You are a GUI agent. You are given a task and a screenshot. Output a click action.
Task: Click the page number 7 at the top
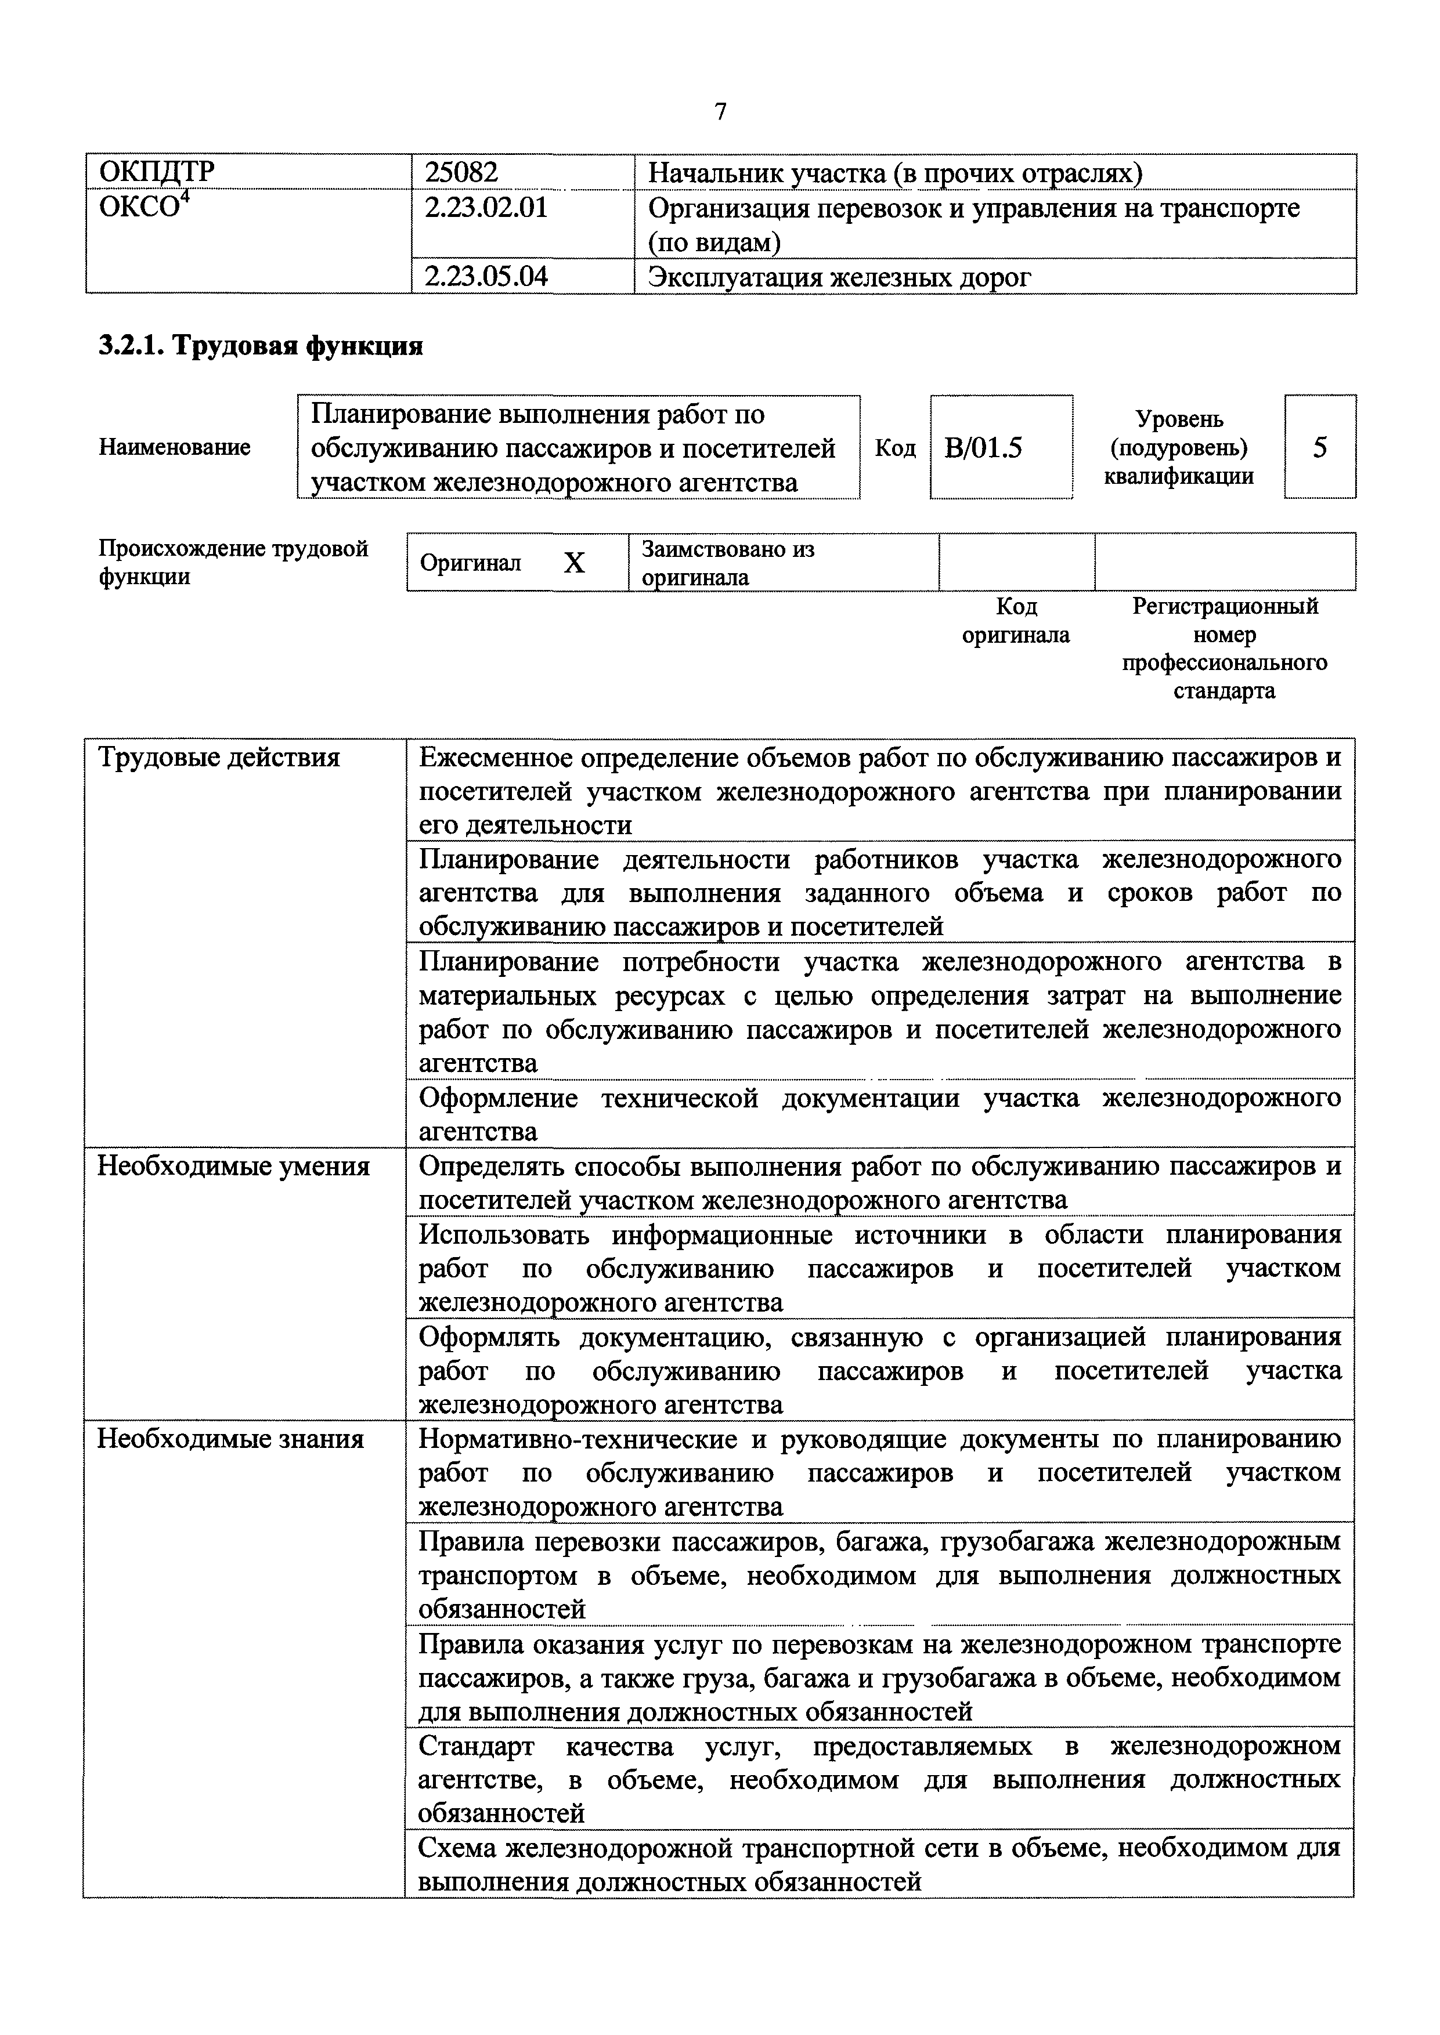coord(720,112)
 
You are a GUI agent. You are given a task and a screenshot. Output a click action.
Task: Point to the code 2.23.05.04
coord(486,277)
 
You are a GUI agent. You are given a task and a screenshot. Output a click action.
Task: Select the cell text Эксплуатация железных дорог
coord(840,277)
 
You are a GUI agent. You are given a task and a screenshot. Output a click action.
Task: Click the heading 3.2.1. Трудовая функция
coord(261,346)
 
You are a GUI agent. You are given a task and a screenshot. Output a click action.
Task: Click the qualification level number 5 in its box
coord(1319,448)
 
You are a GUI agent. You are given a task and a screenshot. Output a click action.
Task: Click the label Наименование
coord(175,448)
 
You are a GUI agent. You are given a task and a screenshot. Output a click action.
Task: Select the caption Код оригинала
coord(1016,621)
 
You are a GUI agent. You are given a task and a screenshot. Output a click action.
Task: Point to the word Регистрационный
coord(1225,606)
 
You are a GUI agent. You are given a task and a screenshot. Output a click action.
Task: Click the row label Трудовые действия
coord(218,758)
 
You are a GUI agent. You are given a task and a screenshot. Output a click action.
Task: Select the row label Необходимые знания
coord(230,1439)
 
